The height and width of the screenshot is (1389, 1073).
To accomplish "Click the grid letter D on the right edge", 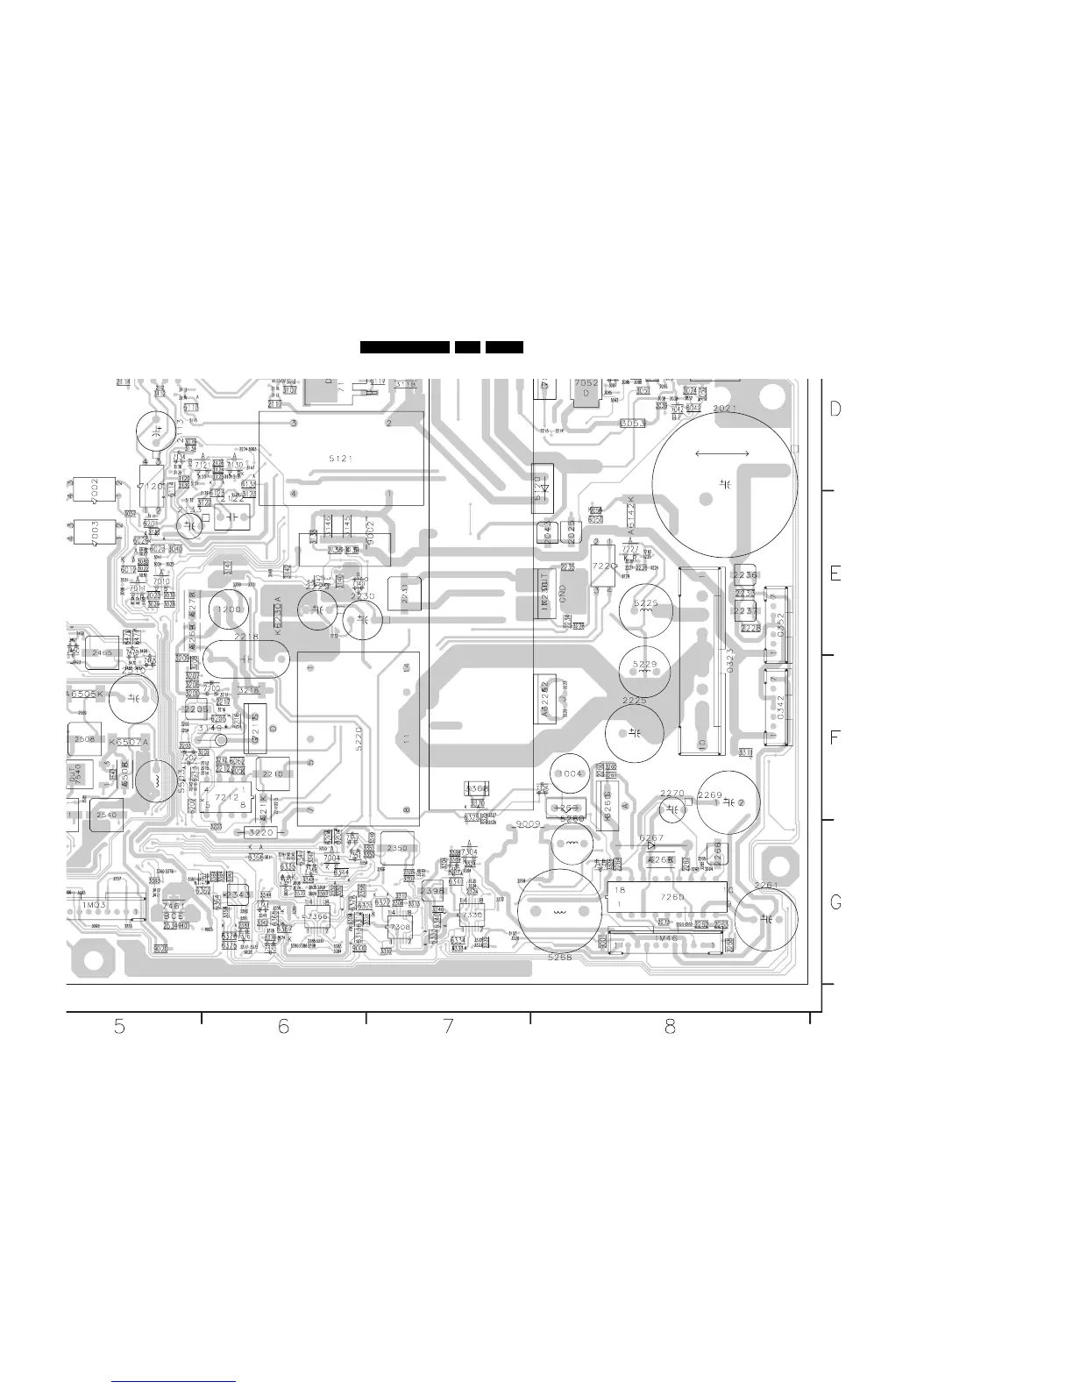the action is pyautogui.click(x=835, y=410).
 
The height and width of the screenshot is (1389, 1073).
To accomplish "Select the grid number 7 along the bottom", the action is pyautogui.click(x=448, y=1027).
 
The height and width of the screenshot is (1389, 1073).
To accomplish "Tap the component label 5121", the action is pyautogui.click(x=340, y=459).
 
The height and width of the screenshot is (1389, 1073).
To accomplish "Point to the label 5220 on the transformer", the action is pyautogui.click(x=359, y=735).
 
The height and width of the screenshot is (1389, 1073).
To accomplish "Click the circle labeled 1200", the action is pyautogui.click(x=230, y=609).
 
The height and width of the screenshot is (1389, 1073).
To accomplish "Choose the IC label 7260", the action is pyautogui.click(x=673, y=897).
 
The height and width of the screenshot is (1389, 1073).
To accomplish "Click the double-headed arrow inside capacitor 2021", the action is pyautogui.click(x=721, y=453).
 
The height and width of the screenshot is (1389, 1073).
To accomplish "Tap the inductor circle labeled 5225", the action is pyautogui.click(x=646, y=604).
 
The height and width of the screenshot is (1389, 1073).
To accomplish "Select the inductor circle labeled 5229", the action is pyautogui.click(x=645, y=664).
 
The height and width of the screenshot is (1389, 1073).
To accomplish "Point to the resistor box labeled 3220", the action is pyautogui.click(x=261, y=832).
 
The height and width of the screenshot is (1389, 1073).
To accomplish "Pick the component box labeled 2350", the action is pyautogui.click(x=398, y=849).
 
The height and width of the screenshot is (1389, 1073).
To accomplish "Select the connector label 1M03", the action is pyautogui.click(x=95, y=903).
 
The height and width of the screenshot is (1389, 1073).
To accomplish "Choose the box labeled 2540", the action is pyautogui.click(x=107, y=816).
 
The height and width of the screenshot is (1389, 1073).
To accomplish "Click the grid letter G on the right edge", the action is pyautogui.click(x=835, y=902).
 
